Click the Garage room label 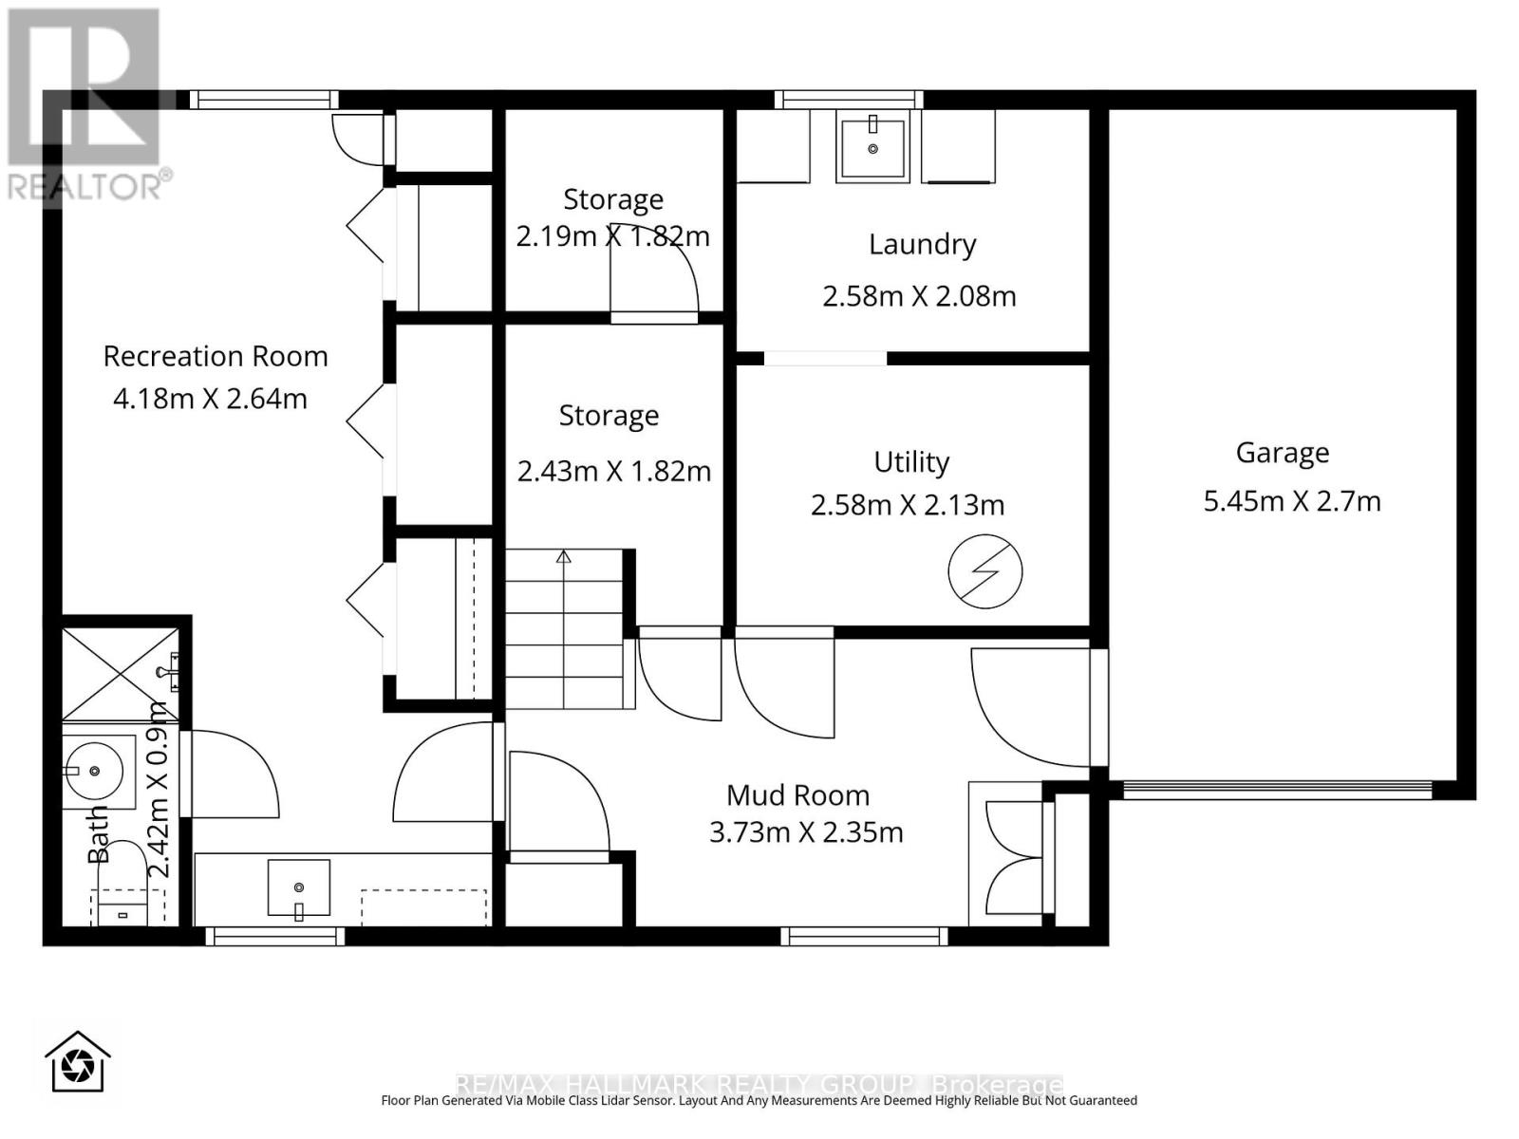1282,453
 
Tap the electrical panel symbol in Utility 985,571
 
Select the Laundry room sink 872,147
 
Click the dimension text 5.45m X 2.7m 1291,501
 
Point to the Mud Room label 797,795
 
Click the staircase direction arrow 564,557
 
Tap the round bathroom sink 93,771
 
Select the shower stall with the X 120,673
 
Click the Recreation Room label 216,356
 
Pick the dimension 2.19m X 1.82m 612,235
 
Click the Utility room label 911,462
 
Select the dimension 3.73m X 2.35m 806,832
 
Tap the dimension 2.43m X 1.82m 613,471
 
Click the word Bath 99,835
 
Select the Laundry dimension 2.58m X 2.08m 919,296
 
